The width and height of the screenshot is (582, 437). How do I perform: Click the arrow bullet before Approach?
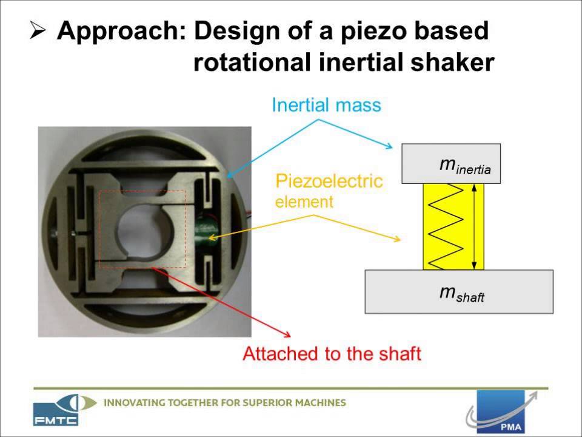click(38, 32)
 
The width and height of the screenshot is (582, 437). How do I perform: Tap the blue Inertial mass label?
click(326, 105)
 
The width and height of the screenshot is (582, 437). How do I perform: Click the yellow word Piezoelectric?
click(329, 181)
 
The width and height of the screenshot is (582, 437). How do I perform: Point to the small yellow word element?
click(304, 202)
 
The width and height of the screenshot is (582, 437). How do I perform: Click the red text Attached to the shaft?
click(332, 353)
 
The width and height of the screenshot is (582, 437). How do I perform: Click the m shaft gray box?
click(459, 292)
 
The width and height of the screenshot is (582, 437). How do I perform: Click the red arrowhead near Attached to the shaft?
click(286, 334)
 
